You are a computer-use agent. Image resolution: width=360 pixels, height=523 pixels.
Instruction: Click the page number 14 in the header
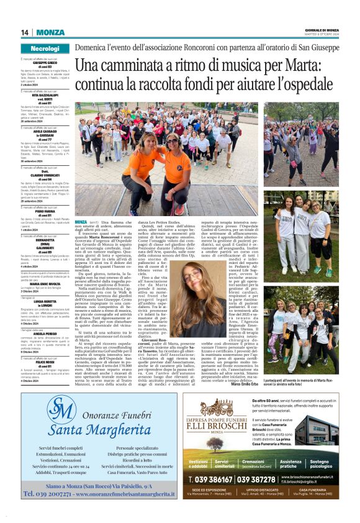point(25,32)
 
